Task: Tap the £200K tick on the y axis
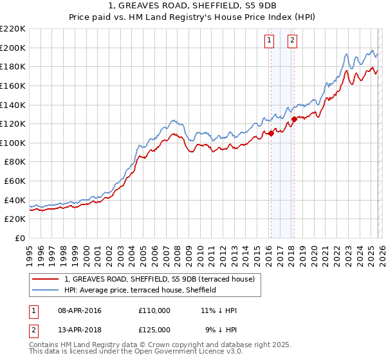tap(13, 48)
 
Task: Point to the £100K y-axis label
tap(13, 143)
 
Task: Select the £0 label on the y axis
tap(21, 239)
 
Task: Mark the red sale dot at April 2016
tap(271, 133)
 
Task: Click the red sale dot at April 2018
tap(294, 119)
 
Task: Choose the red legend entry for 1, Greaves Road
tap(160, 279)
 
